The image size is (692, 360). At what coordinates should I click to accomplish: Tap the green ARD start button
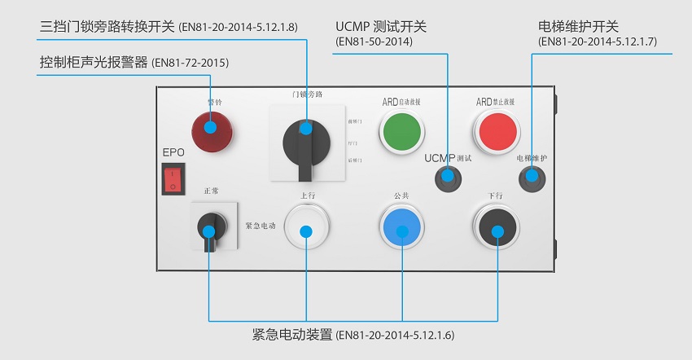coord(402,130)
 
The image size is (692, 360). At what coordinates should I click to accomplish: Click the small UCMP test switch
coord(447,177)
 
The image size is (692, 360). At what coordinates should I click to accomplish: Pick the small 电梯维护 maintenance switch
coord(531,176)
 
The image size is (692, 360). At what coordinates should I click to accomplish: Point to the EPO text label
coord(173,152)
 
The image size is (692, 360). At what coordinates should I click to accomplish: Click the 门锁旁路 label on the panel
coord(307,94)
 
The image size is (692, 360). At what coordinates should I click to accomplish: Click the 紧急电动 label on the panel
coord(261,225)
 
